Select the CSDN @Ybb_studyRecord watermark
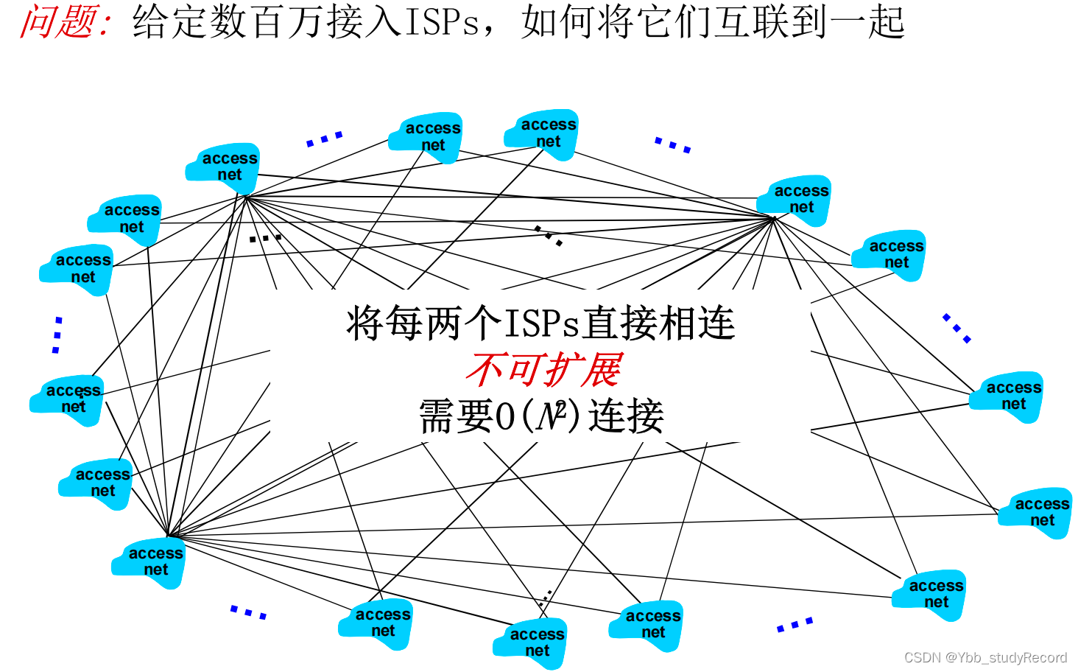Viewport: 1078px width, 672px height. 985,657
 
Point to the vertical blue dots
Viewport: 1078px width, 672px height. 57,335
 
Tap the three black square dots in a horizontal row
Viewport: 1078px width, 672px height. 265,238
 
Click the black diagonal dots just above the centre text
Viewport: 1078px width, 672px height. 549,235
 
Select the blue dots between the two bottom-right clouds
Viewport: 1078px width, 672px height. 795,625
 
